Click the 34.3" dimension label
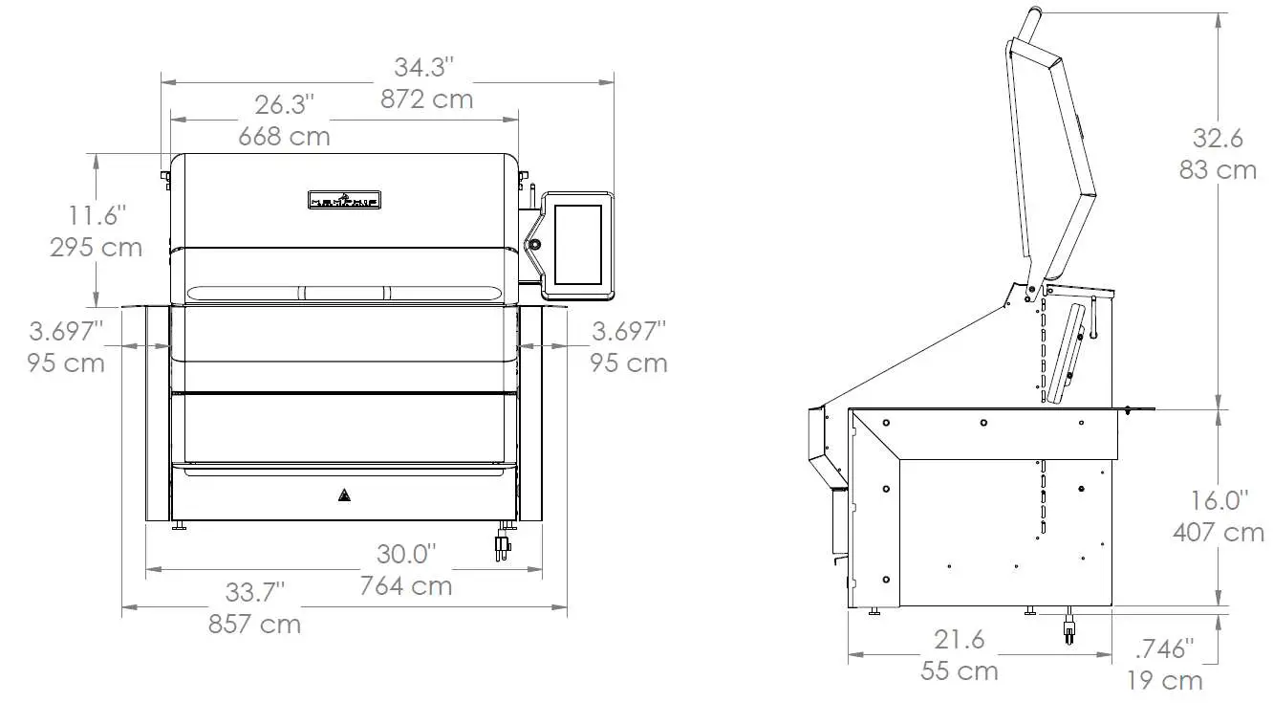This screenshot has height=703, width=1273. tap(423, 68)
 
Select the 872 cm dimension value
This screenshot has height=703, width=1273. tap(426, 99)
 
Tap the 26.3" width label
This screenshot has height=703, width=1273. tap(285, 104)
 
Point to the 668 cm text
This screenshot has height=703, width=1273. tap(284, 137)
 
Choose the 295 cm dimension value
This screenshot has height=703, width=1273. tap(96, 247)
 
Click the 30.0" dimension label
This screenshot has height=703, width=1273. tap(405, 554)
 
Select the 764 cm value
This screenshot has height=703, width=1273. tap(405, 584)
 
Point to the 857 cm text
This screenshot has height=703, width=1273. tap(254, 625)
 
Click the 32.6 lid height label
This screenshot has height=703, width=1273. tap(1217, 139)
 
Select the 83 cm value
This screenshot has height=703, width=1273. tap(1217, 170)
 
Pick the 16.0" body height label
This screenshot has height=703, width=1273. tap(1219, 500)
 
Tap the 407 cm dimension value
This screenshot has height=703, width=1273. tap(1219, 532)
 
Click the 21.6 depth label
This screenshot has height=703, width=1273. tap(959, 639)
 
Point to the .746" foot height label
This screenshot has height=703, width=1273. tap(1164, 649)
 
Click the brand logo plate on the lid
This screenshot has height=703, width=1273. tap(345, 199)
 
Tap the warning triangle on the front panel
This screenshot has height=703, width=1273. tap(343, 495)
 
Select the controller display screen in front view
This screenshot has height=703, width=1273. tap(578, 245)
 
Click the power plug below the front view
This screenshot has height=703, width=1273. tap(500, 546)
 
